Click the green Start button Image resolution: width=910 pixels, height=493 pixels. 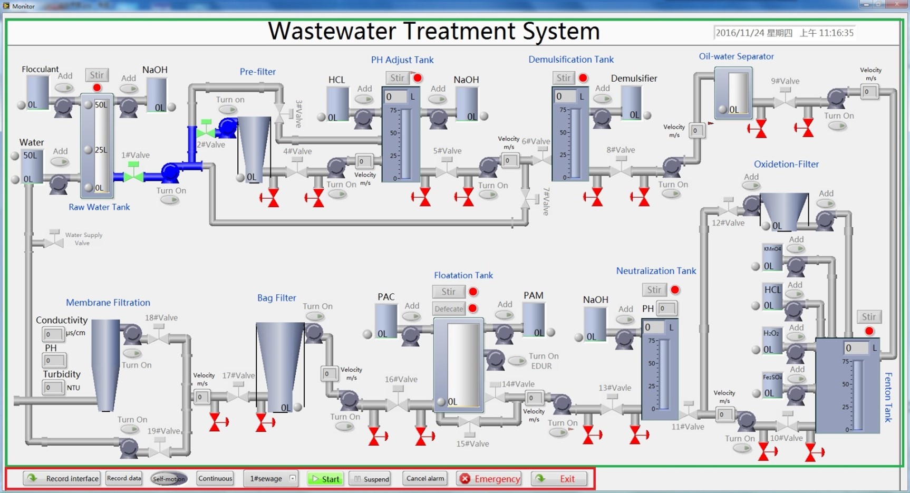(x=325, y=479)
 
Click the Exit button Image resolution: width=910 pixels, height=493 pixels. (x=559, y=479)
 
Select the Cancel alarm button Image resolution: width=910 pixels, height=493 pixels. (x=425, y=478)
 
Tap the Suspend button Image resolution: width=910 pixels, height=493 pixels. (x=371, y=479)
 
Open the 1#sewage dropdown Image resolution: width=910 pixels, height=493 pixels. (x=292, y=478)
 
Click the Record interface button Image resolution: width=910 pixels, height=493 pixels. (x=62, y=478)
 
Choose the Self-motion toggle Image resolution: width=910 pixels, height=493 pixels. (x=168, y=479)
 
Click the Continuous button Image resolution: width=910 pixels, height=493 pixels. (x=215, y=478)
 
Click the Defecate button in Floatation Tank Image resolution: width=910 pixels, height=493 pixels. (x=449, y=308)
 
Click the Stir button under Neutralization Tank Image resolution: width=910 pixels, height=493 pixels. (x=654, y=290)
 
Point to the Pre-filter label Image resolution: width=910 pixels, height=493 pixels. (x=257, y=72)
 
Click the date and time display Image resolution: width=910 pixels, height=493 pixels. (x=784, y=33)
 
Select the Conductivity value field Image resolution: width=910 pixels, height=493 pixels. (x=53, y=334)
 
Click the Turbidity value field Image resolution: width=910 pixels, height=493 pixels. (x=53, y=388)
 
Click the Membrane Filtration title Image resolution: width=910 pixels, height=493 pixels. (x=108, y=303)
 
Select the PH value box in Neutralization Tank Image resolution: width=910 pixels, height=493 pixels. (x=666, y=308)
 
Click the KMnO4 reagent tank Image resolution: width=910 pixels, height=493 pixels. (x=772, y=258)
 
